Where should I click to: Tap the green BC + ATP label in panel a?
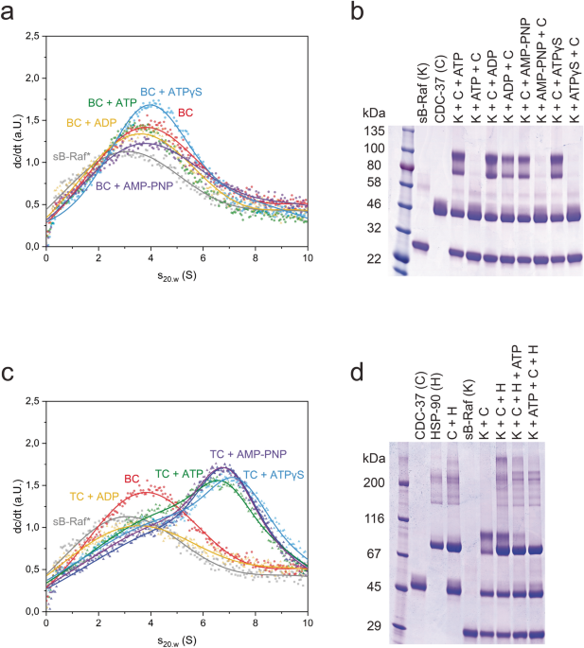pyautogui.click(x=113, y=102)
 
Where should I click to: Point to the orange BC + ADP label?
pyautogui.click(x=91, y=123)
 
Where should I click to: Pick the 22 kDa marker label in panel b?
pyautogui.click(x=377, y=258)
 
